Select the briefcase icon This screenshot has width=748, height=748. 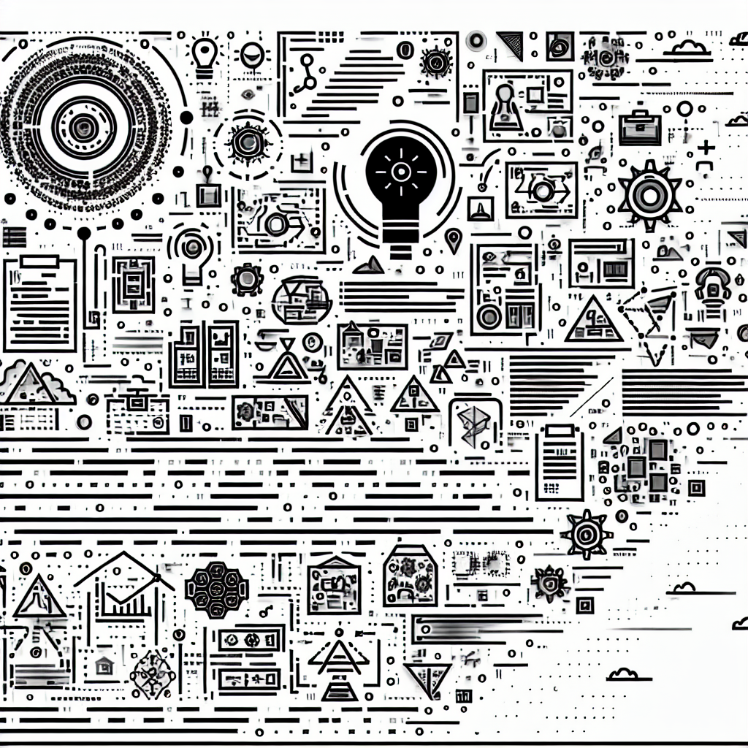[640, 127]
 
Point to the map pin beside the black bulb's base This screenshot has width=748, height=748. [454, 239]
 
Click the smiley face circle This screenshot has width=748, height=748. [252, 54]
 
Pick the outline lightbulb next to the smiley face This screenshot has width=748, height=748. [205, 55]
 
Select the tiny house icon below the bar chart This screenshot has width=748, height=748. [105, 663]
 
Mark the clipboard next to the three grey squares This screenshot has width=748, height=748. [559, 460]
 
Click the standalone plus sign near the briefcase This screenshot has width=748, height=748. [706, 148]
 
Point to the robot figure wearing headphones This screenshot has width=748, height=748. [711, 286]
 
